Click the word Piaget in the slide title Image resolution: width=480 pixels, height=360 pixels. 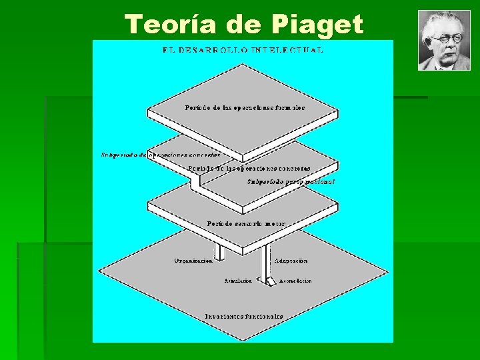click(317, 25)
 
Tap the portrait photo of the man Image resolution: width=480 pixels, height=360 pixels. click(443, 41)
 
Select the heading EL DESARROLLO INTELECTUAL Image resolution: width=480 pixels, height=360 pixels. click(243, 50)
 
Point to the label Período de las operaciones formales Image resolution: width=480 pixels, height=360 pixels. click(245, 107)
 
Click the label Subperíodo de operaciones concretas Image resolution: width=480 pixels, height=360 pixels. click(160, 155)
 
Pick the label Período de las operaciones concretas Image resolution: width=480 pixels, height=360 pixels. click(249, 169)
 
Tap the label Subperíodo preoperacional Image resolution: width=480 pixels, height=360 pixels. click(291, 181)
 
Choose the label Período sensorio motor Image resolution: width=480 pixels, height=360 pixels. click(246, 224)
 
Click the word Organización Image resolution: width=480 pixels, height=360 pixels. click(193, 261)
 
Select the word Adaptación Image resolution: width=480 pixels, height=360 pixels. click(291, 261)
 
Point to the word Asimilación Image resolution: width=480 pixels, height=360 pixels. click(238, 281)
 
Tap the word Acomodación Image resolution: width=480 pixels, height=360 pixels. click(295, 281)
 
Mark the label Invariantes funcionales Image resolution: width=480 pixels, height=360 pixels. click(244, 317)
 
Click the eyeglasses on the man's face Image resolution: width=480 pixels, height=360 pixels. click(445, 39)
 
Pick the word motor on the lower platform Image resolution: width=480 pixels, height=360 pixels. click(273, 224)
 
